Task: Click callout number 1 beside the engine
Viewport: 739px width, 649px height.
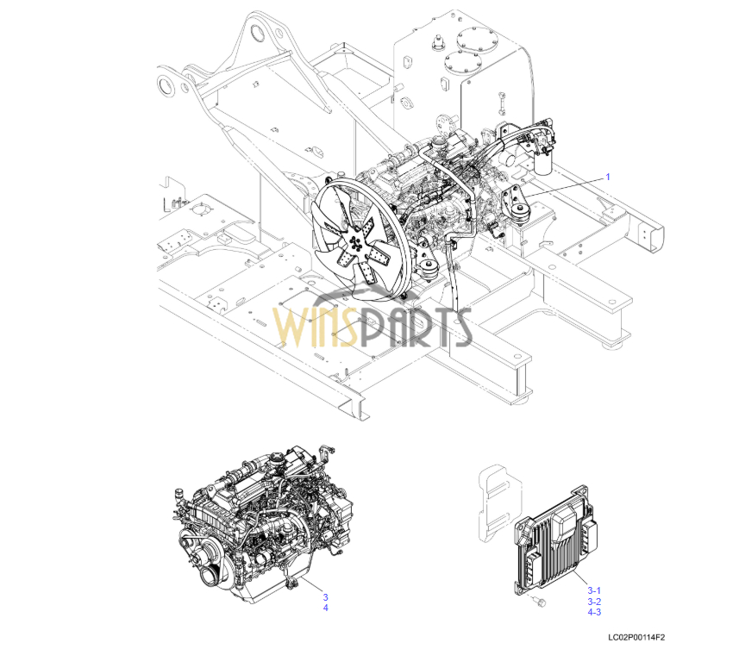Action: pos(607,177)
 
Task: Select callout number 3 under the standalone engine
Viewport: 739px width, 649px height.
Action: pos(325,597)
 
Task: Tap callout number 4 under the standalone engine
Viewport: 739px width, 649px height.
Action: pos(325,608)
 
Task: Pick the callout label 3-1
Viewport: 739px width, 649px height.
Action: pos(594,590)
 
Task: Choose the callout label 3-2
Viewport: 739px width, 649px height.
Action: pos(594,602)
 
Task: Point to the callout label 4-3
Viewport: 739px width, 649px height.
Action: pos(594,613)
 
